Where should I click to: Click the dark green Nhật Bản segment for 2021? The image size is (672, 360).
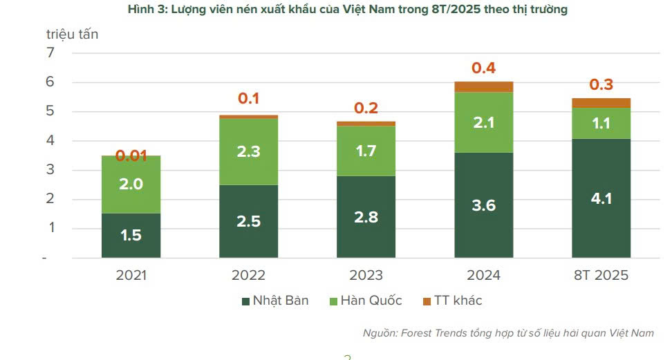(131, 235)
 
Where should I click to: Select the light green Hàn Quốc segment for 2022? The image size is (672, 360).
(248, 152)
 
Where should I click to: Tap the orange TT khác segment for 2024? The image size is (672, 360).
(483, 87)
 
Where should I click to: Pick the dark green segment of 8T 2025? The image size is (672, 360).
(601, 198)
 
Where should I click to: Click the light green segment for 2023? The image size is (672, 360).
(366, 151)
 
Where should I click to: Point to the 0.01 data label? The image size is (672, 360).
(131, 155)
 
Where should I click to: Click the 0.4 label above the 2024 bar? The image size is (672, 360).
(483, 68)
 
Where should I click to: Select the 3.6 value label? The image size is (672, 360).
(483, 205)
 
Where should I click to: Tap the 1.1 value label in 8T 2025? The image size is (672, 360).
(601, 123)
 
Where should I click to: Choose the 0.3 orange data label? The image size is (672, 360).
(601, 84)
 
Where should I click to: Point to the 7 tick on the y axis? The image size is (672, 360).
(50, 53)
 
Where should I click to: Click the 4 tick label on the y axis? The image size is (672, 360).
(50, 141)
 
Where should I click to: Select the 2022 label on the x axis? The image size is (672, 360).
(248, 275)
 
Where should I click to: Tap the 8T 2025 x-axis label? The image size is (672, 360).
(601, 275)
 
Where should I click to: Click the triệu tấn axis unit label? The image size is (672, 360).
(73, 34)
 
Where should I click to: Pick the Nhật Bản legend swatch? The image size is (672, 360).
(245, 301)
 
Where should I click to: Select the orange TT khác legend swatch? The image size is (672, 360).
(427, 301)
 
